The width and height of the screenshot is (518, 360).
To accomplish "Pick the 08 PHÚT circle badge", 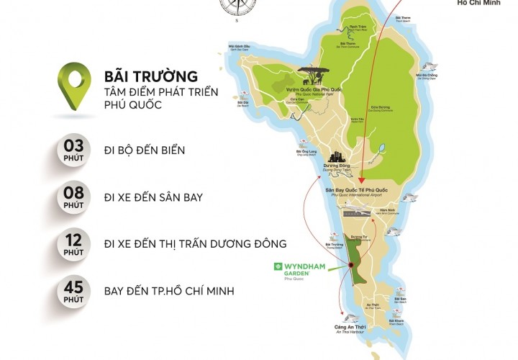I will point(74,197).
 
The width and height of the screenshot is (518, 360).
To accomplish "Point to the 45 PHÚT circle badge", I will point(74,291).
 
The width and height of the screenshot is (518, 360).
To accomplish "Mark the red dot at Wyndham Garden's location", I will point(351,266).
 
